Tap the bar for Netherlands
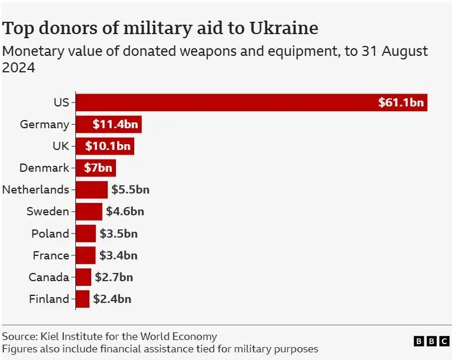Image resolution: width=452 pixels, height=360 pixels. pos(92,189)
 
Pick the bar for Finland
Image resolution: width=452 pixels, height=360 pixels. pos(83,299)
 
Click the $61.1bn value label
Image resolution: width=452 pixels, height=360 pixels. pos(401,102)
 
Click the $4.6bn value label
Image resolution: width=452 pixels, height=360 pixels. pos(125,211)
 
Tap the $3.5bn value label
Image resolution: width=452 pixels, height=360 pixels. pos(118,233)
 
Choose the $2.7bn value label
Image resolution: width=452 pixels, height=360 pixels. pos(114,277)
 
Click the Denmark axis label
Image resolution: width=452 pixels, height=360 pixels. pos(44,168)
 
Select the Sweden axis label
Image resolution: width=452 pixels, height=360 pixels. pos(48,211)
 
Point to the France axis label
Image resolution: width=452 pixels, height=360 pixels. pos(50,255)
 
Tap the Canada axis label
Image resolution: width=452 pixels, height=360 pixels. pos(49,277)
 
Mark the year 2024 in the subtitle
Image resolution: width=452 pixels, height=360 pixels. pos(19,68)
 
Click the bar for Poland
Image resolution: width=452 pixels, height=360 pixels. pos(86,233)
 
